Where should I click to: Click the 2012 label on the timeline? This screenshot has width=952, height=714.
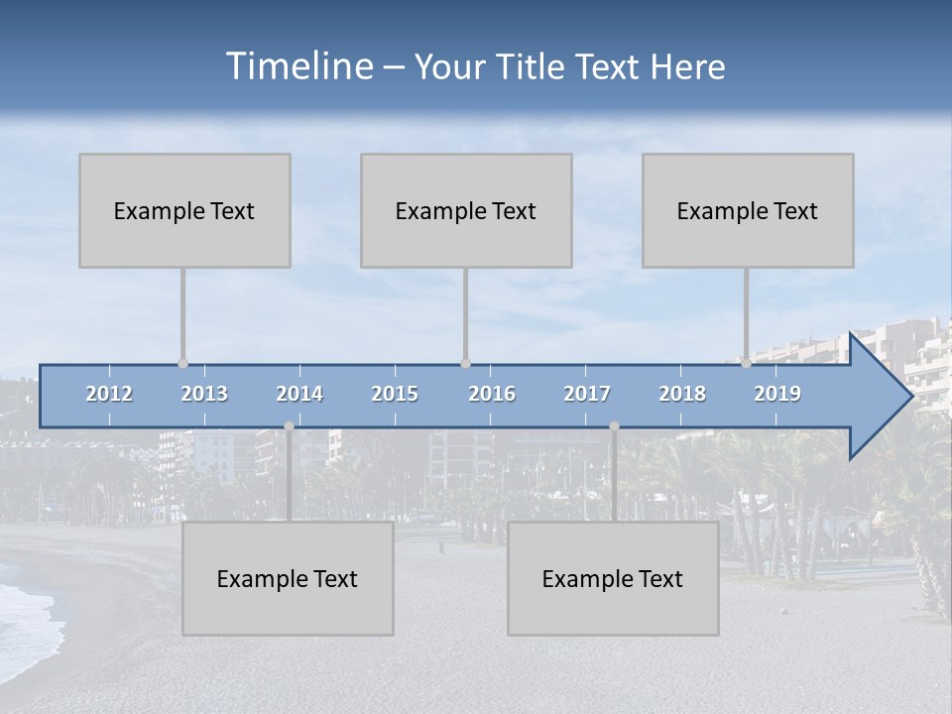coord(109,394)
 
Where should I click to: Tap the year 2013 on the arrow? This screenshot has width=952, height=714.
coord(204,394)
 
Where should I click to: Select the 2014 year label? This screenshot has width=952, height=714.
coord(299,394)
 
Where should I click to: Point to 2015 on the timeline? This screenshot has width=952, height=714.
coord(395,394)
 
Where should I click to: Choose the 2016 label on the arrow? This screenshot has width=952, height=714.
coord(492,394)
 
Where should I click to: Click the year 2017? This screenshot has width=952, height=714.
coord(587,394)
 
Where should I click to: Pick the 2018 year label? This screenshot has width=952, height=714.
coord(682,394)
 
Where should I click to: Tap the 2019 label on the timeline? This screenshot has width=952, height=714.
coord(777,394)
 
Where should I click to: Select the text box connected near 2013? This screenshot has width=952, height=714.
coord(184,210)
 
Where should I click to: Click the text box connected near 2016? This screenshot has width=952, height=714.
coord(466,210)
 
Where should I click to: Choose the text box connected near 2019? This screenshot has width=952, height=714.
coord(748,210)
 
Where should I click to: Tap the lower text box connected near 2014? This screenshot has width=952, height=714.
coord(288,578)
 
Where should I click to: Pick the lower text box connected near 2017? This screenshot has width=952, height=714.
coord(613,578)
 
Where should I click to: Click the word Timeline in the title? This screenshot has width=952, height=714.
coord(297,65)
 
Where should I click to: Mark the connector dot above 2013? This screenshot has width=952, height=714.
coord(182,364)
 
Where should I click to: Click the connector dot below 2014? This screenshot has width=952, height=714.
coord(289,426)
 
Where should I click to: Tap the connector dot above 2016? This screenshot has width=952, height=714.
coord(465,364)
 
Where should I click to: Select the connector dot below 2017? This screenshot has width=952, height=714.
coord(614,426)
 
